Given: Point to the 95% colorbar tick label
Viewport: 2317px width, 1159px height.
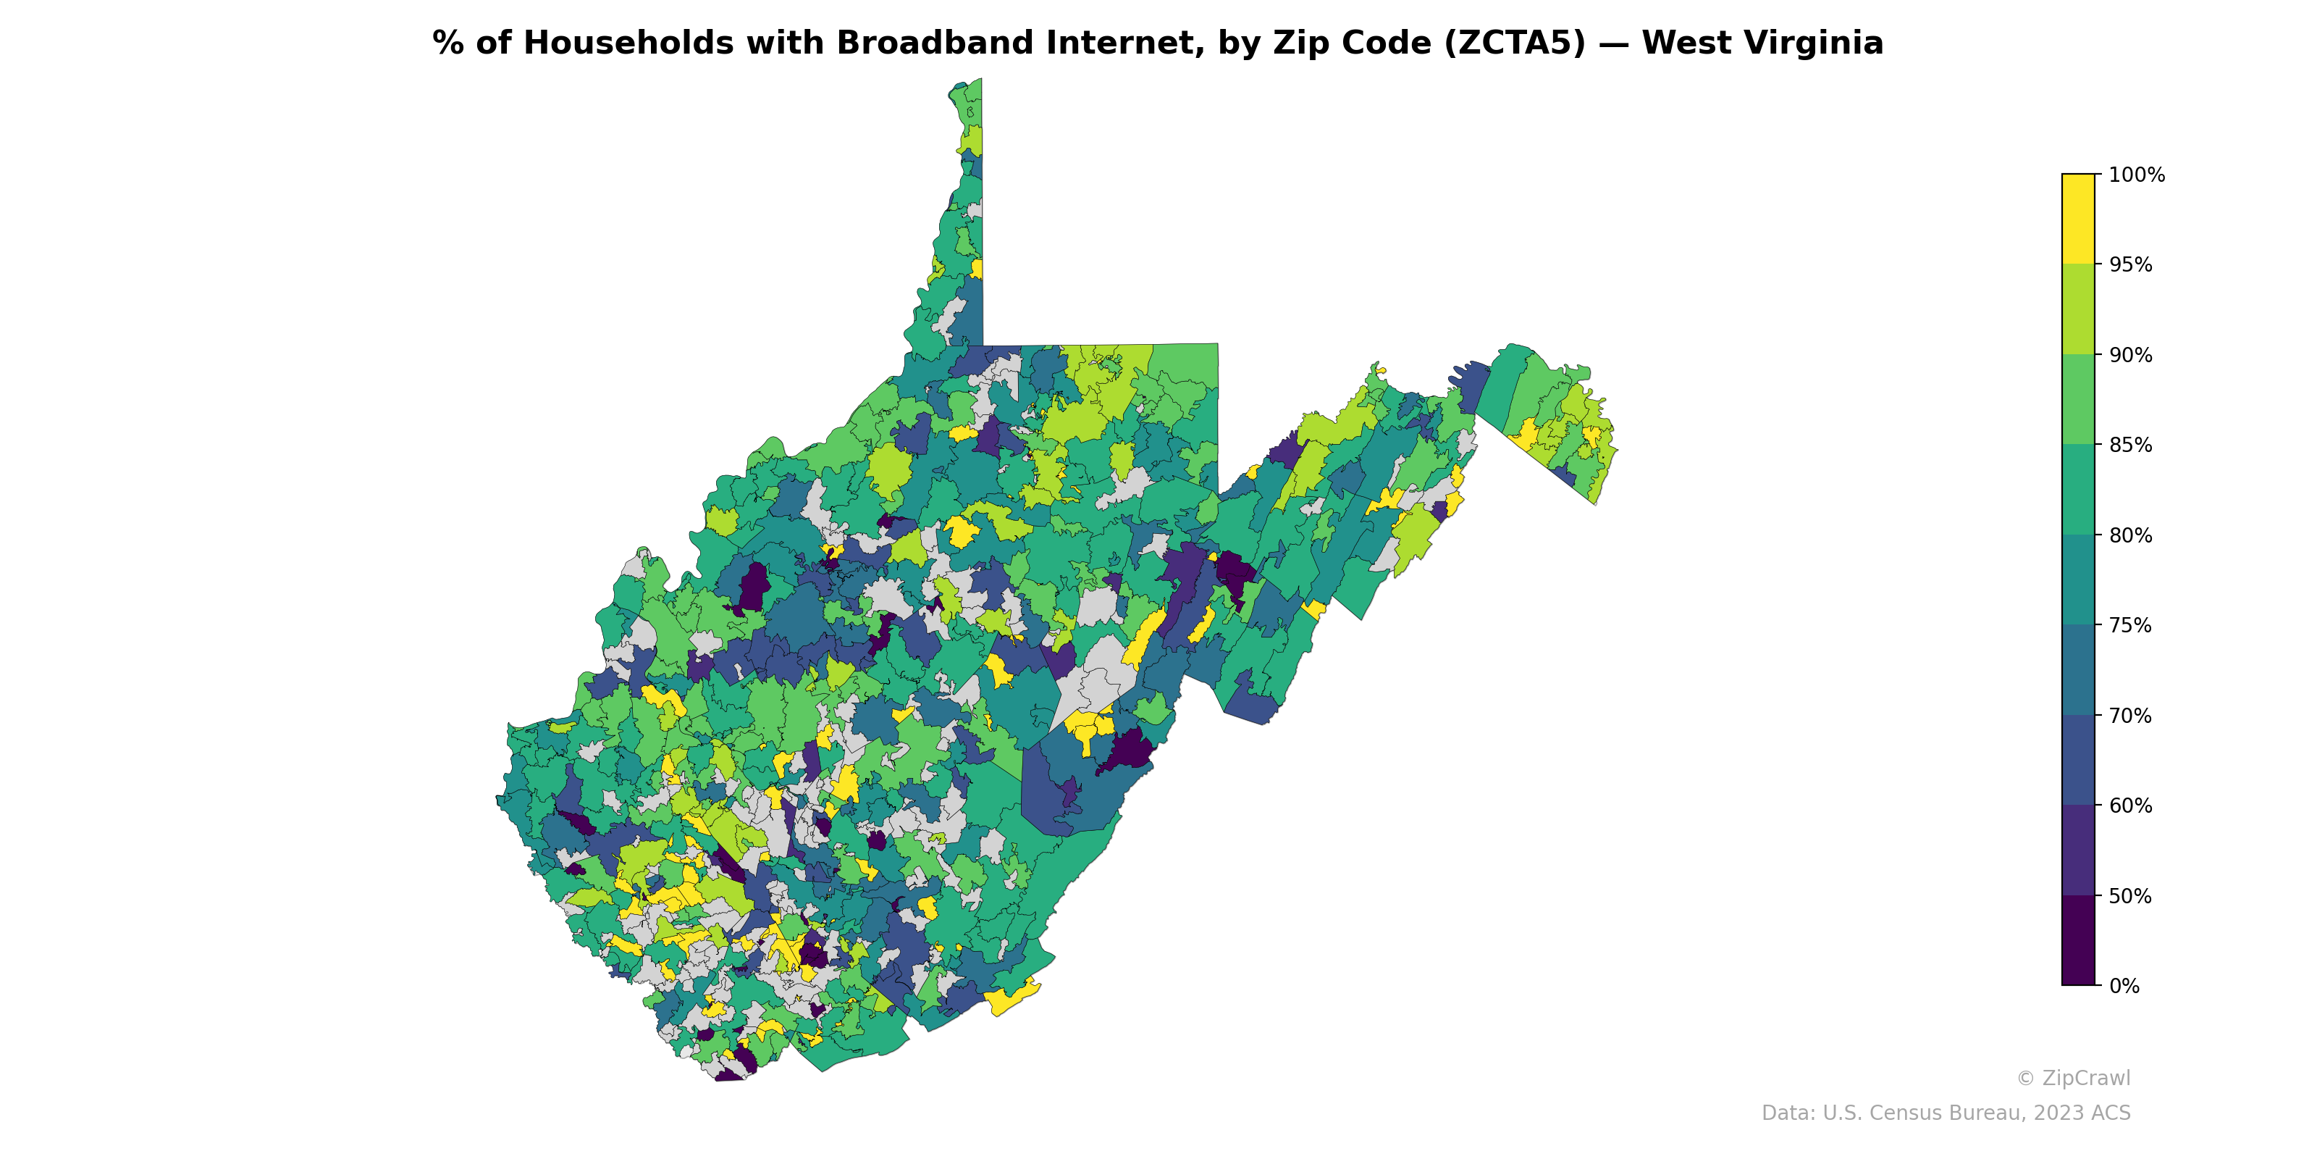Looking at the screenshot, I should click(x=2131, y=265).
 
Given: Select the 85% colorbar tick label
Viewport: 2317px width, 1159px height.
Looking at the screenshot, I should click(x=2131, y=445).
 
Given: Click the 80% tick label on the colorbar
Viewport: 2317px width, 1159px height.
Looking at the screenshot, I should click(x=2131, y=535).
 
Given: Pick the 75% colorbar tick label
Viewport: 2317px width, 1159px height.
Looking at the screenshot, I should click(x=2131, y=625).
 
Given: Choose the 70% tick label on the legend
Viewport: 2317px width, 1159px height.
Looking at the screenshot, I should click(x=2131, y=716).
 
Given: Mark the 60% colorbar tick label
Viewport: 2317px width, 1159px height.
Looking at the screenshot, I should click(x=2131, y=806).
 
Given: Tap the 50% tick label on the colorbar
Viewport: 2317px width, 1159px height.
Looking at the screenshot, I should click(x=2131, y=896).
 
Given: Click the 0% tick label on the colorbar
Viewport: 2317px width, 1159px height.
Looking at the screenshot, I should click(x=2124, y=986).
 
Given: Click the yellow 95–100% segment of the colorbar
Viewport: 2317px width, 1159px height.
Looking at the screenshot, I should click(x=2078, y=219).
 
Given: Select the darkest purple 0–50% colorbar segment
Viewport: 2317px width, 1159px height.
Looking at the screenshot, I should click(x=2078, y=940).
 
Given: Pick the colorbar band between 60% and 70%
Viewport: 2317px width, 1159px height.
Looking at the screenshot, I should click(x=2078, y=761).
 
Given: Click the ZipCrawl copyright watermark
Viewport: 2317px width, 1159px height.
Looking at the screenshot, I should click(x=2073, y=1078).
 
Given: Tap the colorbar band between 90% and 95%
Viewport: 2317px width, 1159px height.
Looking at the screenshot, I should click(x=2078, y=309).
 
